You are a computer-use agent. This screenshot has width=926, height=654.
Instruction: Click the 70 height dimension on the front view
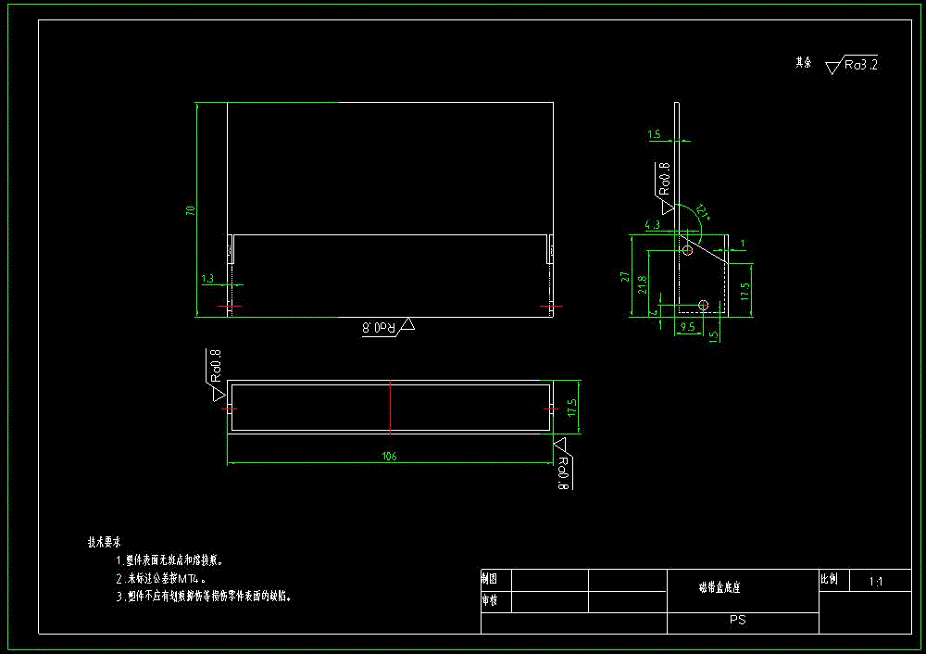tap(191, 211)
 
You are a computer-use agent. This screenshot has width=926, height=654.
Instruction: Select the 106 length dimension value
tap(389, 456)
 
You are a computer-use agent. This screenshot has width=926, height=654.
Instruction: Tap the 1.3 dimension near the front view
tap(206, 278)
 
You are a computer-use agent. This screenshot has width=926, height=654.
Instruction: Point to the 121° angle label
tap(703, 212)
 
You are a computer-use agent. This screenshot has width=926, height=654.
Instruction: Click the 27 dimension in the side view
tap(626, 276)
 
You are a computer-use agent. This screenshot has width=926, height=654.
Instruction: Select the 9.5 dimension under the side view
tap(687, 327)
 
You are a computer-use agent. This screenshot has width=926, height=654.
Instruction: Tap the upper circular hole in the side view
tap(687, 251)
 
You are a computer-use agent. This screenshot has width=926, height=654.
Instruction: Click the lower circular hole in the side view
tap(703, 305)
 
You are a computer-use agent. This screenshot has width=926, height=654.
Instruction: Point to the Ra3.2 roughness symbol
tap(851, 65)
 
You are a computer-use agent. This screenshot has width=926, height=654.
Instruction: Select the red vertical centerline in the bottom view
tap(390, 407)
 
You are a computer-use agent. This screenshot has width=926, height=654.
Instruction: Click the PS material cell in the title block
tap(738, 620)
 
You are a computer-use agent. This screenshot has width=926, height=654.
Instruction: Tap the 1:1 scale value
tap(876, 582)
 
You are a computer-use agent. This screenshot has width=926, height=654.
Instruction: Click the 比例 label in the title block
tap(829, 580)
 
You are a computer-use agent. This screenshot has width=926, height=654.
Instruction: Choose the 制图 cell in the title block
tap(489, 578)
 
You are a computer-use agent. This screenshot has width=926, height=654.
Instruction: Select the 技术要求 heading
tap(104, 542)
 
